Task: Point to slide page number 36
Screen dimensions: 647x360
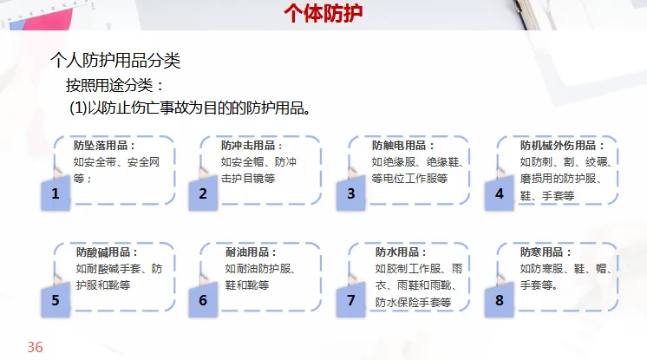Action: (x=35, y=347)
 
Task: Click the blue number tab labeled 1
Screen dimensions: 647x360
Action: (x=56, y=194)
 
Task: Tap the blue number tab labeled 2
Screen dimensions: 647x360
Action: (x=203, y=194)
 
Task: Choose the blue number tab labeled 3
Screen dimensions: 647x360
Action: (x=351, y=194)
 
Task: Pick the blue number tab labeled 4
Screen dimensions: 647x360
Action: (x=500, y=194)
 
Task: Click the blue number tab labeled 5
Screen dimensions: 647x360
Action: (x=56, y=301)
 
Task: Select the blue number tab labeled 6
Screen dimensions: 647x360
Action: (x=203, y=301)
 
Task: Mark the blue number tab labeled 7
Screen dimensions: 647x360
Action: (x=351, y=301)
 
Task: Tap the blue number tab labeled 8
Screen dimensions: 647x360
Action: (x=500, y=301)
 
